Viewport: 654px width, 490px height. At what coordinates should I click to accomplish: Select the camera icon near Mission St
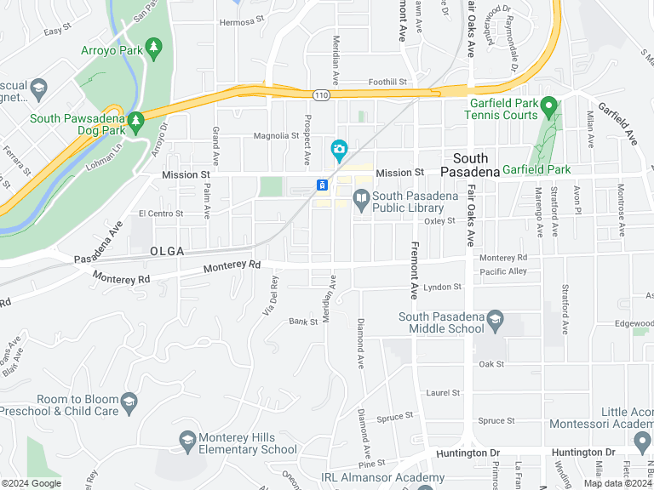(339, 151)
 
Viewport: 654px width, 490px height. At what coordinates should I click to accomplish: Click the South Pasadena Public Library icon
(361, 200)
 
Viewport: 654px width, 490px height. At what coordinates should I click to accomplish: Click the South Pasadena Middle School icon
(495, 322)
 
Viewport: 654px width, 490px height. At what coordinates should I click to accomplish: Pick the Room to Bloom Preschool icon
(129, 402)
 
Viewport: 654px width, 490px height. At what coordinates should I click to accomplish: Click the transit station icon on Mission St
(322, 185)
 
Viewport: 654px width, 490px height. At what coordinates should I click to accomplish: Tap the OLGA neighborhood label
(167, 252)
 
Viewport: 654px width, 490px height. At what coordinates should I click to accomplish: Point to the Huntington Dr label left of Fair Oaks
(466, 453)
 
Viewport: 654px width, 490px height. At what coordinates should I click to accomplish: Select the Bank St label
(302, 322)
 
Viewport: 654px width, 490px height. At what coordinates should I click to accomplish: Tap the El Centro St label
(161, 213)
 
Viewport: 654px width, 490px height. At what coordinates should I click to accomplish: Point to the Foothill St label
(388, 83)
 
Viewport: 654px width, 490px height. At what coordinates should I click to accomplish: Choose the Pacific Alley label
(503, 271)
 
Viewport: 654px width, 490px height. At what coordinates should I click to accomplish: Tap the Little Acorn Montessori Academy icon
(642, 440)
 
